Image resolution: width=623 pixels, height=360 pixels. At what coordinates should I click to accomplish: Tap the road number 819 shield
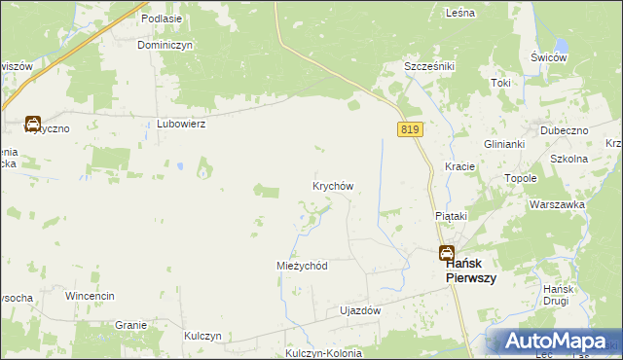(x=409, y=128)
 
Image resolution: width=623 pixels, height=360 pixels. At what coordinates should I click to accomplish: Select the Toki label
(x=501, y=83)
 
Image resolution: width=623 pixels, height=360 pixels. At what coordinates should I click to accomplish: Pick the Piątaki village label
(x=451, y=215)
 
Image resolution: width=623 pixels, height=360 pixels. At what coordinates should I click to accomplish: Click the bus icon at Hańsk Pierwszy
(x=445, y=253)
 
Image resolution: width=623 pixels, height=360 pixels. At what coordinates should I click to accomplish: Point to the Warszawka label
(x=557, y=204)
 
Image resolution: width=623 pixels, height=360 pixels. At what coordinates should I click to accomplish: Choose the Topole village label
(x=522, y=179)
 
